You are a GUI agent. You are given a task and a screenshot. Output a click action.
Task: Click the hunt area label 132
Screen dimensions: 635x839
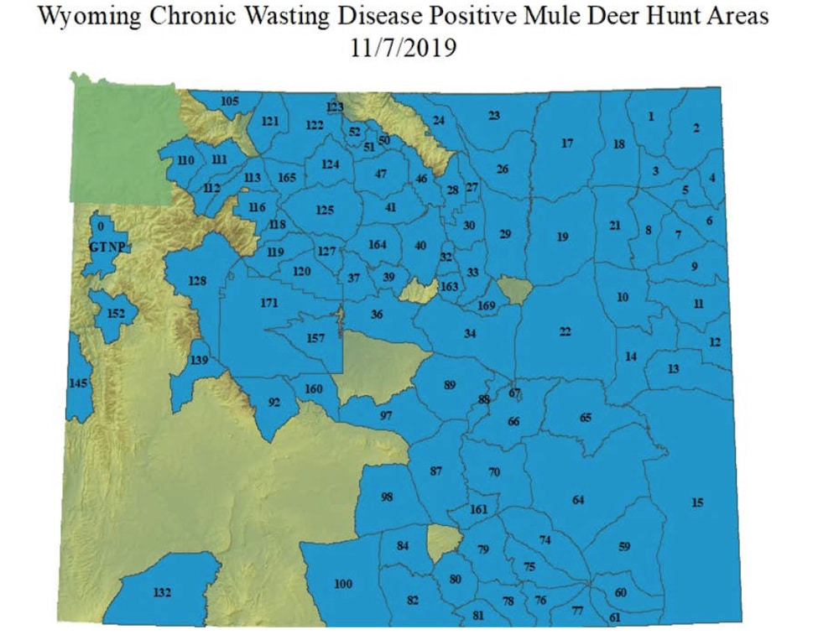pos(163,593)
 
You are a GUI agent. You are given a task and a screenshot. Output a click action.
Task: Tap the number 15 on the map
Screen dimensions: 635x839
pos(698,502)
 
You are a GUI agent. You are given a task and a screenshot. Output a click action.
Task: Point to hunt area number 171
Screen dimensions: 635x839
pos(268,303)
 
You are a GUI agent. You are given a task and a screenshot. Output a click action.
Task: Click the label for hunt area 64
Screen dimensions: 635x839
pos(578,501)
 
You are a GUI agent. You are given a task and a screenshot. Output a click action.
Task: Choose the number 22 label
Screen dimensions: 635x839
pos(565,332)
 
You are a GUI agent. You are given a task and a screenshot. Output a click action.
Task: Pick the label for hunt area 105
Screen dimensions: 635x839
pos(230,101)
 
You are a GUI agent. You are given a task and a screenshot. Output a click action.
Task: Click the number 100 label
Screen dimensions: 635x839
pos(343,584)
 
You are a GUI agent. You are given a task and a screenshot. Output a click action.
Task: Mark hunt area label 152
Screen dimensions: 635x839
pos(117,313)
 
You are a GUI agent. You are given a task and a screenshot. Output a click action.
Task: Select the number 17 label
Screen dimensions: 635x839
pos(567,143)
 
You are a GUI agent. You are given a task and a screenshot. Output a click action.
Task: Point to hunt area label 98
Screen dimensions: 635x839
pos(387,497)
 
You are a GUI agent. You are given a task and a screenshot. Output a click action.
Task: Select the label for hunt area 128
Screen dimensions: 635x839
pos(197,281)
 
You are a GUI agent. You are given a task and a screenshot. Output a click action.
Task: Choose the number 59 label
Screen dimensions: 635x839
pos(624,547)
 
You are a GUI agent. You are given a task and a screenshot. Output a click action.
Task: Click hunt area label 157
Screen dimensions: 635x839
pos(315,338)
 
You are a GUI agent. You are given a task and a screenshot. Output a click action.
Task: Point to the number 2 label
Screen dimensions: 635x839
pos(696,128)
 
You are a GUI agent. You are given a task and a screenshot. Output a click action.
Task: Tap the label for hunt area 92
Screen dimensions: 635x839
pos(274,403)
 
